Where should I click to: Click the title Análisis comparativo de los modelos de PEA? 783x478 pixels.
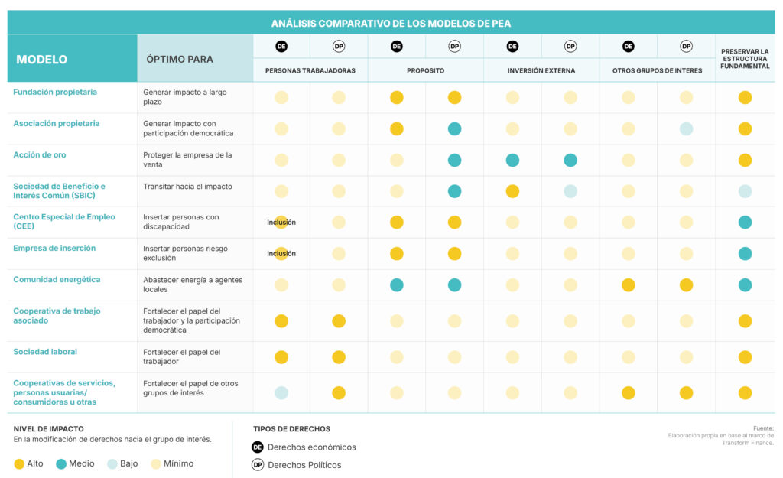pos(391,23)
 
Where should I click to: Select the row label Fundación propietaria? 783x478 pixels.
pos(55,92)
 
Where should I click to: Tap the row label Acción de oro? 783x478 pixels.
pos(40,154)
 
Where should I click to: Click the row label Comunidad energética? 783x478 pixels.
pos(57,279)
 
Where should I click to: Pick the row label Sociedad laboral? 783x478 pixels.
pos(45,352)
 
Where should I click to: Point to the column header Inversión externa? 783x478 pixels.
pos(541,70)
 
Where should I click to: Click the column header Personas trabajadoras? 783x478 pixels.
pos(310,70)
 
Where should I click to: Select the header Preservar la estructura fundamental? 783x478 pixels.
pos(745,59)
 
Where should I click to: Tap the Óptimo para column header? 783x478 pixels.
pos(180,59)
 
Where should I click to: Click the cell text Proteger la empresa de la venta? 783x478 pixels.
pos(187,160)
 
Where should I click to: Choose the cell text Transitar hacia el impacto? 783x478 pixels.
pos(187,187)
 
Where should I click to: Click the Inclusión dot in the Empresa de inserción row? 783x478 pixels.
pos(281,253)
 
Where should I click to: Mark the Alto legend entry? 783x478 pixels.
pos(28,463)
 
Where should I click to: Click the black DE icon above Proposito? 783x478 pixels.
pos(397,47)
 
